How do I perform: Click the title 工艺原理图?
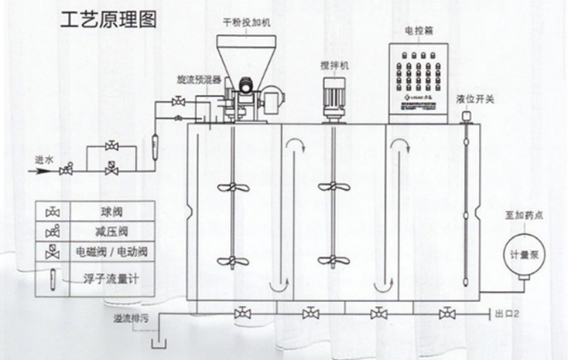pos(107,19)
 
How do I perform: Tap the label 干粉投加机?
pos(247,22)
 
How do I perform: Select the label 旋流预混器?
pos(199,79)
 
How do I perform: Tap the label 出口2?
pos(507,314)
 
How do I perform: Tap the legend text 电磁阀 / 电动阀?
pos(113,252)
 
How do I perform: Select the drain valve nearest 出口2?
pos(448,313)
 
